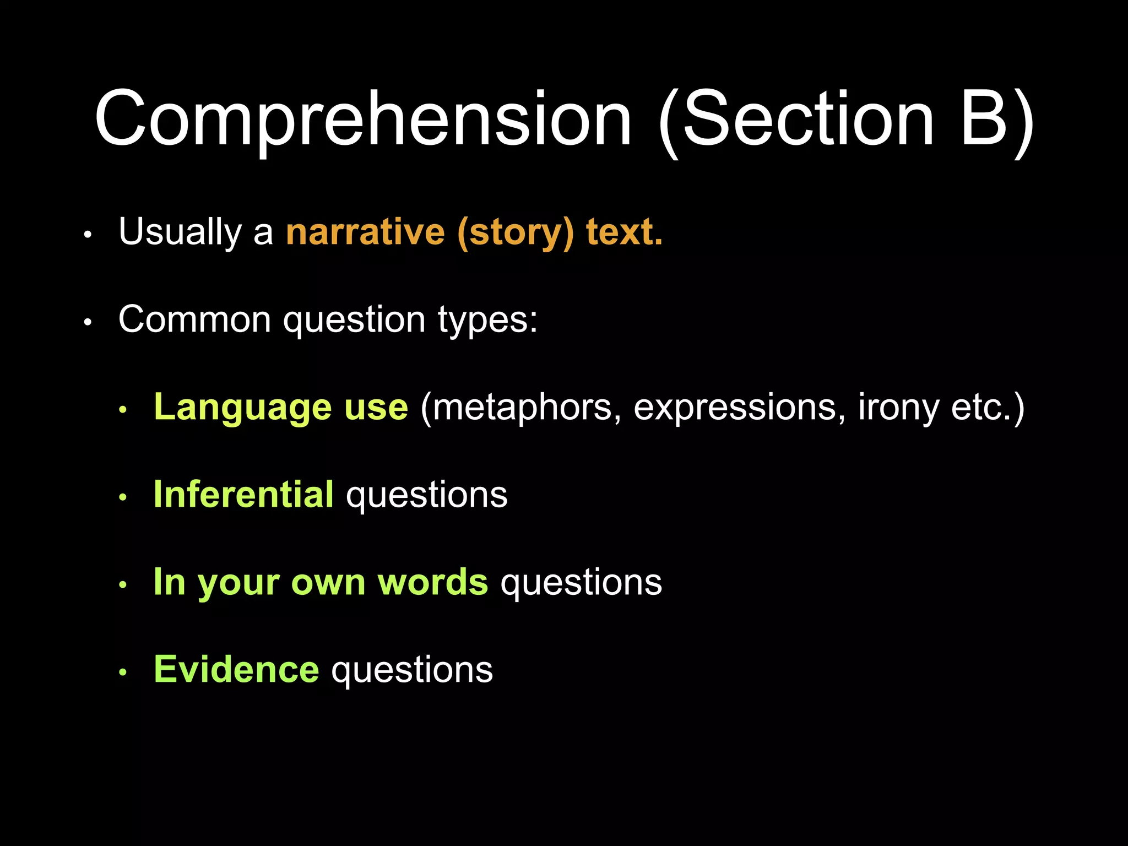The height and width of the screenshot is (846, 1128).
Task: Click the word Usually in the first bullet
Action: click(x=180, y=232)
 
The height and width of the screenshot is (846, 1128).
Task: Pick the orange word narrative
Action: click(x=365, y=232)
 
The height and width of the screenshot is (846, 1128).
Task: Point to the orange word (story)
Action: click(x=516, y=233)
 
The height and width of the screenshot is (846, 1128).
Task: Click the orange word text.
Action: click(x=624, y=232)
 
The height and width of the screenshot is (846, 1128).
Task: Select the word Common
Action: click(x=194, y=319)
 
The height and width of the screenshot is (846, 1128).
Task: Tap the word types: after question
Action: click(x=487, y=321)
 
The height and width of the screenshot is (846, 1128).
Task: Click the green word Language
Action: click(x=242, y=408)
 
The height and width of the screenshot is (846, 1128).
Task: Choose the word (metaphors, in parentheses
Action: click(x=521, y=408)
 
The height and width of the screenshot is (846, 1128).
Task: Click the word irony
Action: click(x=898, y=408)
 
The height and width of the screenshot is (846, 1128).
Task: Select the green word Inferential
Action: click(x=243, y=494)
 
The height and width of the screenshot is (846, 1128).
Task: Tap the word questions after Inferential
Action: click(x=426, y=496)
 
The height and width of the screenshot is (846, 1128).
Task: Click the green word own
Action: click(x=328, y=582)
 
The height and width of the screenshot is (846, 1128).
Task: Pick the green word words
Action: click(x=432, y=582)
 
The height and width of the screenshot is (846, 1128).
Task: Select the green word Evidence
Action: click(x=236, y=670)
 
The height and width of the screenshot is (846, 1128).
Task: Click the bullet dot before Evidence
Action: click(x=123, y=673)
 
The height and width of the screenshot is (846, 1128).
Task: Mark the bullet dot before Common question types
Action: click(x=88, y=322)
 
